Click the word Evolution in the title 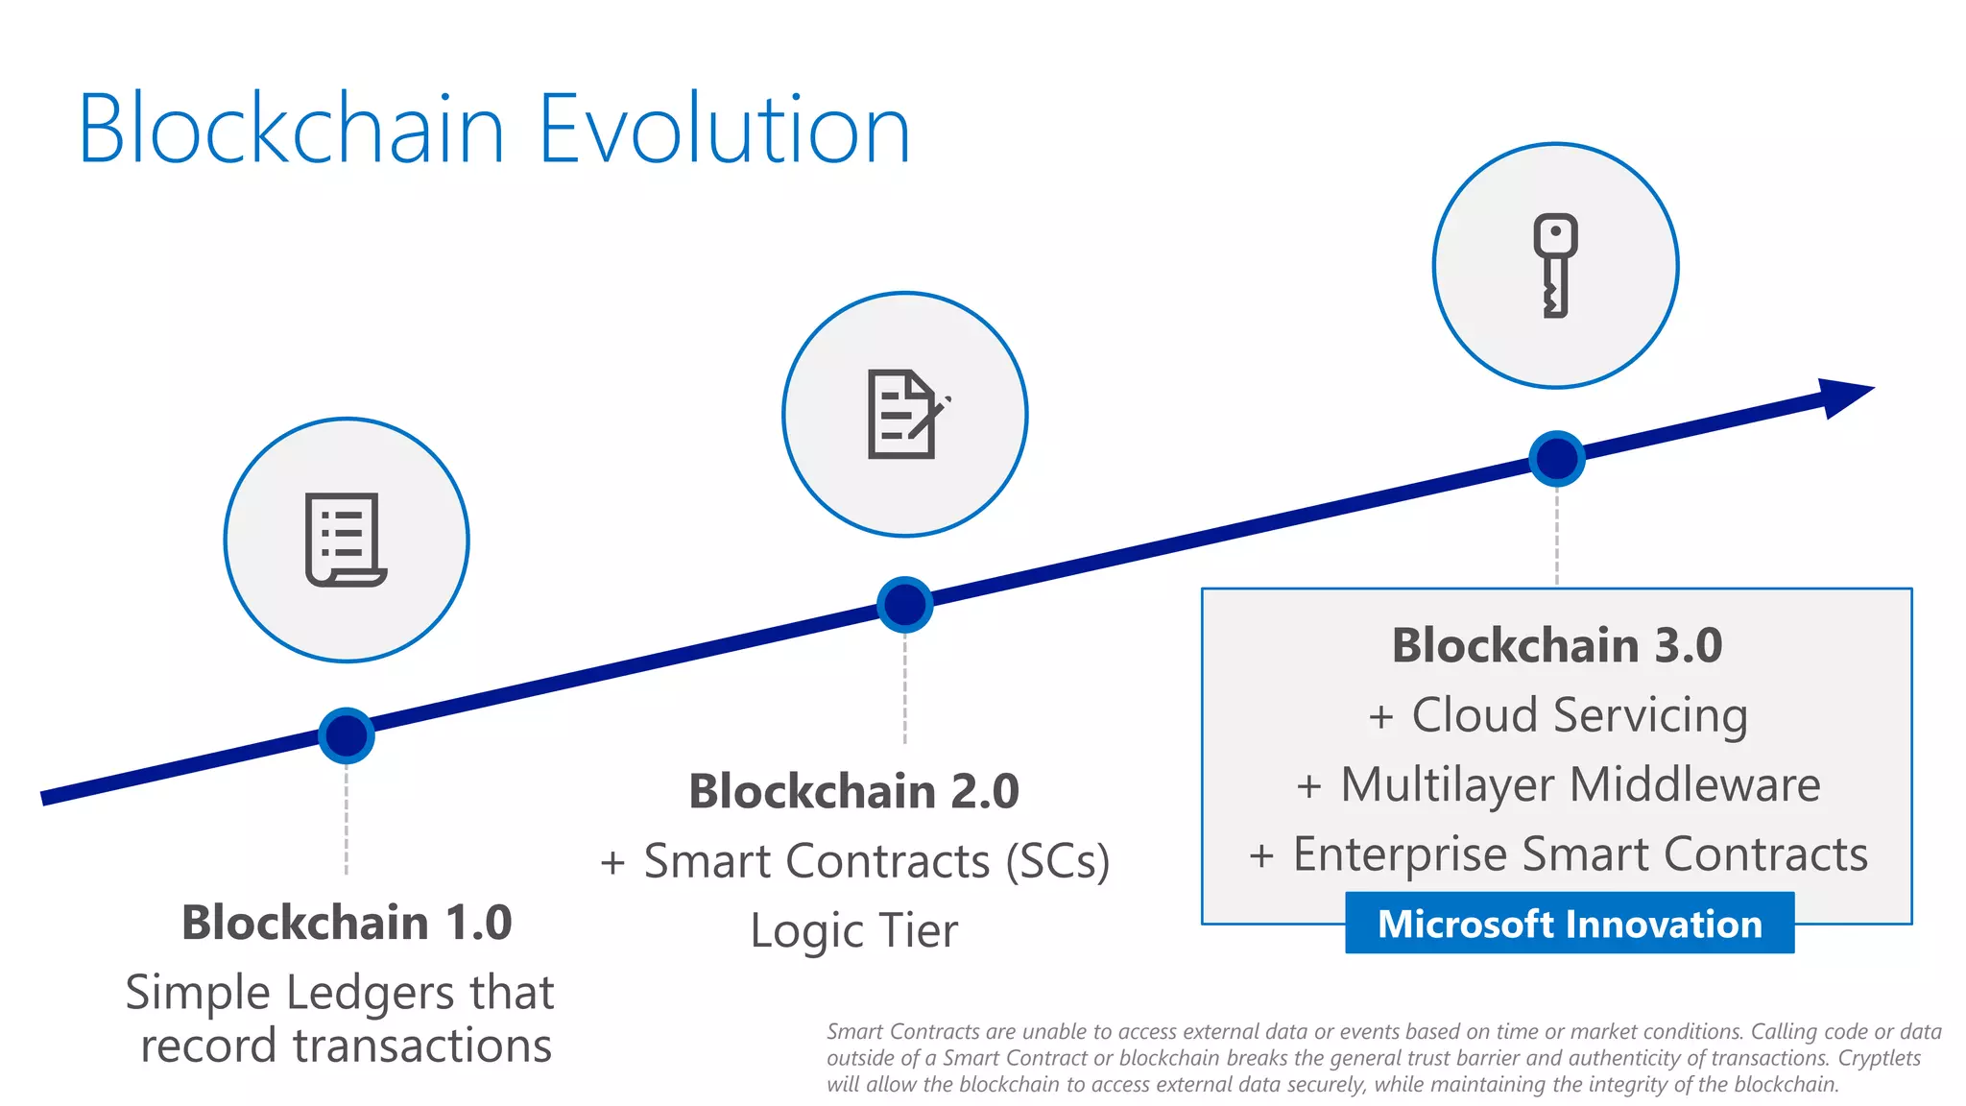click(x=724, y=130)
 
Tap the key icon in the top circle click(x=1555, y=265)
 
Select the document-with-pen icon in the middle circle click(x=905, y=414)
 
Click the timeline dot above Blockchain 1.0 click(x=346, y=735)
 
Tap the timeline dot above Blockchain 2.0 click(x=904, y=605)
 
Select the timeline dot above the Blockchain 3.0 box click(x=1556, y=458)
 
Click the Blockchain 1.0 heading click(x=347, y=923)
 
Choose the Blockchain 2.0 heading click(x=853, y=791)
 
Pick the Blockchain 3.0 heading click(x=1556, y=645)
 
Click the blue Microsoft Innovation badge click(x=1569, y=924)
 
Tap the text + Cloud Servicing click(x=1556, y=715)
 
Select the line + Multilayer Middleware click(x=1556, y=784)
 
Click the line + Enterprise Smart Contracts click(x=1556, y=854)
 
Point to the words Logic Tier click(x=853, y=930)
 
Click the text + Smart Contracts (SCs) click(x=853, y=861)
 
